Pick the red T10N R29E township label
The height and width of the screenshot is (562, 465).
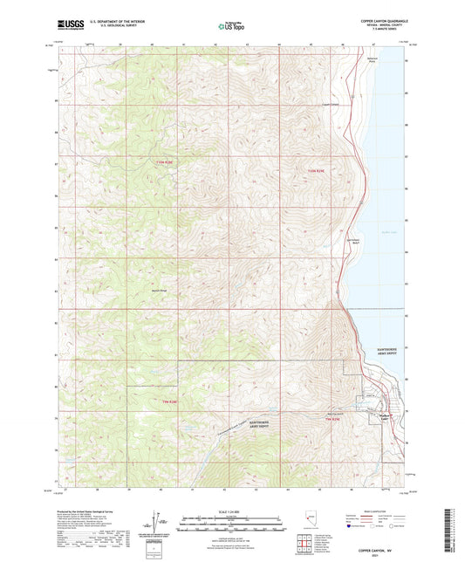point(316,171)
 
